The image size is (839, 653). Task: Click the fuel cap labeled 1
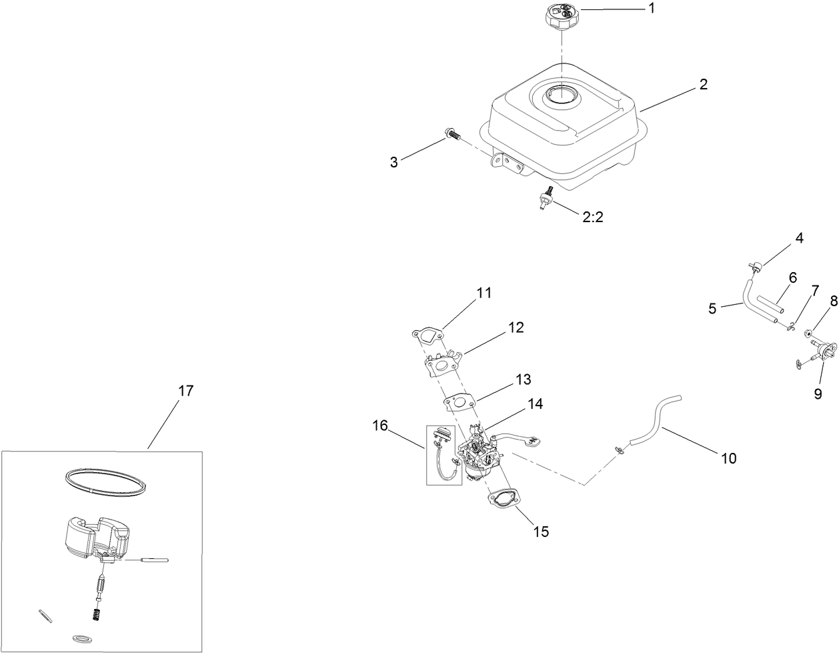coord(561,15)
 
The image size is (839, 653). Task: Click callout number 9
coord(818,393)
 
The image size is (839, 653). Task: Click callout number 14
coord(534,404)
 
